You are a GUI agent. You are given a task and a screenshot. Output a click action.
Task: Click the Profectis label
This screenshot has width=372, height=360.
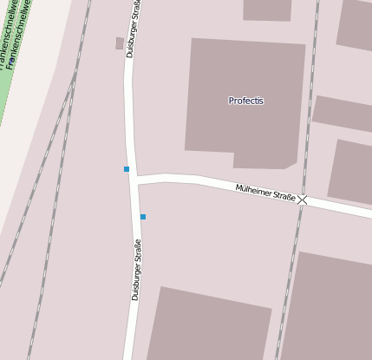245,101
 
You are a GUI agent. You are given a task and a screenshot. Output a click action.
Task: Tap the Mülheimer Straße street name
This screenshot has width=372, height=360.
265,193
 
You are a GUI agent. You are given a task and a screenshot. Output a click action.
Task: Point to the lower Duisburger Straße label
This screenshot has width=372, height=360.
136,270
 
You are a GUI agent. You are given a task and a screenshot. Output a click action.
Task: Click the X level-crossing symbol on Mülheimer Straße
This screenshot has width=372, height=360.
302,200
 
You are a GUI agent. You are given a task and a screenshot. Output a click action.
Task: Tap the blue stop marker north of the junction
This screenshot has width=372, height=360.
127,168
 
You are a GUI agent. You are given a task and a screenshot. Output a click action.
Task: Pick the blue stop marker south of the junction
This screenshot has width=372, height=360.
143,216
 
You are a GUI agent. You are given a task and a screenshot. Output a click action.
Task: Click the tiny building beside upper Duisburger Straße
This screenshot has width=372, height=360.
119,43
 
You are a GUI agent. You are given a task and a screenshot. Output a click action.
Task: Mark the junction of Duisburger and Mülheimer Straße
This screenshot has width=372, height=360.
134,180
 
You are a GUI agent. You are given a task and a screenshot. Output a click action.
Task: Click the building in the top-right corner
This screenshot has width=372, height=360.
356,23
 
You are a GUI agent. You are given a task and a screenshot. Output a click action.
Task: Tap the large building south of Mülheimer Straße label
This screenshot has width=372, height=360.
208,325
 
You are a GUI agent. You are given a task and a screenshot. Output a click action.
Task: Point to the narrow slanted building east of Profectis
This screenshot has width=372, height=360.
343,113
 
